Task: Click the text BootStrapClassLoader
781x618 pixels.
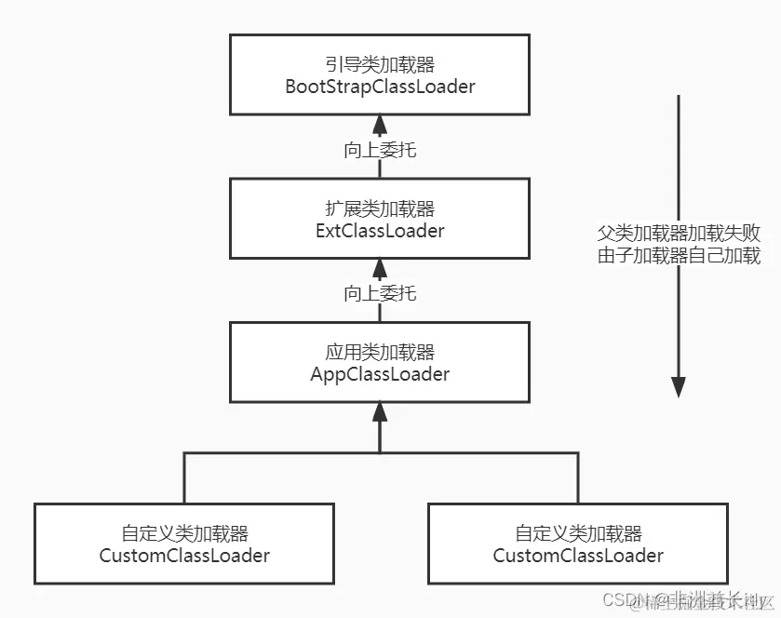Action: coord(380,87)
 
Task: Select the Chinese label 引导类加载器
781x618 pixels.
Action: coord(380,64)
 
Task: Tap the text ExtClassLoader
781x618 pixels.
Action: coord(380,230)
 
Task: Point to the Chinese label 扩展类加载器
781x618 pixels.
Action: coord(380,208)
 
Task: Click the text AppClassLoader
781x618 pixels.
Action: coord(380,374)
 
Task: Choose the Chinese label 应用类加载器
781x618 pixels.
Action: coord(380,352)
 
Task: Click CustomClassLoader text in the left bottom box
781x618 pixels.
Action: coord(184,556)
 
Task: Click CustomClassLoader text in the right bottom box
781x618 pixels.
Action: coord(578,556)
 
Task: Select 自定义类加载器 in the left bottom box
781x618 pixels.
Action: coord(184,533)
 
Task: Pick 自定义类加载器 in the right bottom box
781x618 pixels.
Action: coord(578,533)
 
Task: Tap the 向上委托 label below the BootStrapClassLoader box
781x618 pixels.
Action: coord(380,150)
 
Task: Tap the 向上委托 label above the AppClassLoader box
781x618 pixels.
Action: coord(380,293)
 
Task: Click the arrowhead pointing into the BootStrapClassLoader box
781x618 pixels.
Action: coord(379,124)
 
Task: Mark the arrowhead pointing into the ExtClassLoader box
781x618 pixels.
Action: coord(379,268)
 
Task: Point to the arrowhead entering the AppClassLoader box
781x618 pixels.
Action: coord(379,411)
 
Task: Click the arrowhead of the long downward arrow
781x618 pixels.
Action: coord(679,386)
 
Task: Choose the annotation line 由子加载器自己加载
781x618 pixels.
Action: coord(679,256)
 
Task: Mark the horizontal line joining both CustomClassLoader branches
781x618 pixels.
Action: coord(279,453)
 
